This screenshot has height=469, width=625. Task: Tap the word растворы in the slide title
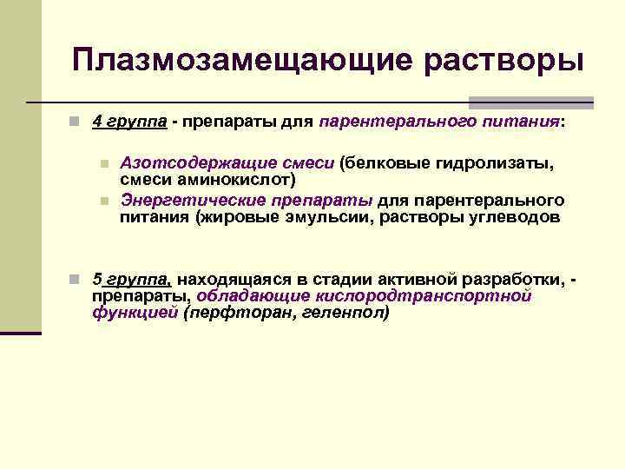[x=503, y=60]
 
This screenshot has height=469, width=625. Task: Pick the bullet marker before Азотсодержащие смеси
[x=104, y=163]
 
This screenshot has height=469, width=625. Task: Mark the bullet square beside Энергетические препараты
[x=104, y=201]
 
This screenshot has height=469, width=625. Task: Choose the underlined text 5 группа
[x=132, y=279]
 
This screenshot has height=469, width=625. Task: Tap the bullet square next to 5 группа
[x=76, y=280]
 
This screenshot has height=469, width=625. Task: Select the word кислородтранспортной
[x=435, y=296]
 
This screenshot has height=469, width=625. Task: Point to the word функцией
[x=135, y=313]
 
